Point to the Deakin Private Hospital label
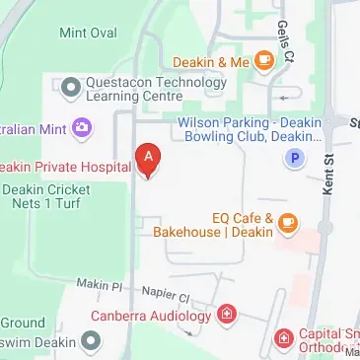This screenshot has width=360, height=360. click(x=65, y=168)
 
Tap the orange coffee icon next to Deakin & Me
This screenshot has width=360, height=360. click(x=263, y=62)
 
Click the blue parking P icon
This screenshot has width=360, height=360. click(x=292, y=157)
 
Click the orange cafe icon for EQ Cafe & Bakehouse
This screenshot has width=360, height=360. click(x=288, y=225)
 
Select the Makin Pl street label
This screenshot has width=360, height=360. click(x=101, y=284)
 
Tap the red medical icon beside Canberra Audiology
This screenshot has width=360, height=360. click(x=227, y=316)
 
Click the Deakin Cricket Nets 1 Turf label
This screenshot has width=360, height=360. click(x=59, y=196)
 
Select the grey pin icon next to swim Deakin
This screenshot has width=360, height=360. click(x=91, y=341)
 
